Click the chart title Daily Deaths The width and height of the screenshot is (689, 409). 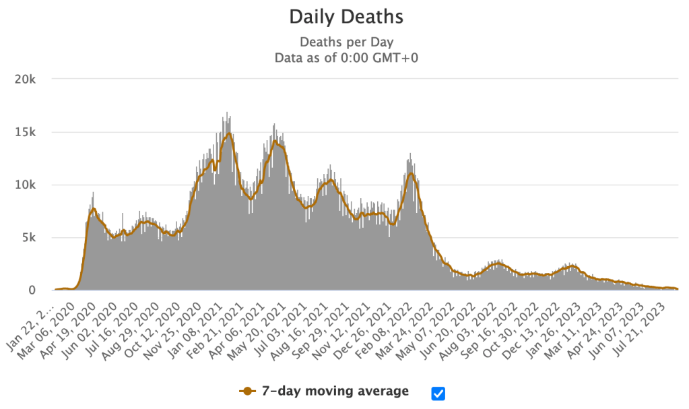pos(346,16)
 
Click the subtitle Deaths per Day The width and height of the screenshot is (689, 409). pos(346,42)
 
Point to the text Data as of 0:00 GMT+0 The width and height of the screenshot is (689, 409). pos(346,58)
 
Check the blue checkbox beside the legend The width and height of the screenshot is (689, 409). pos(438,393)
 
